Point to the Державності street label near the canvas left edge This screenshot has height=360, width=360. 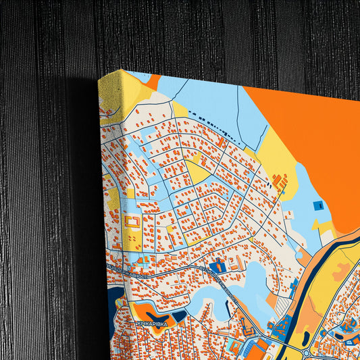[x=129, y=269]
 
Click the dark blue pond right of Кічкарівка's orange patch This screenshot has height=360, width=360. [x=180, y=315]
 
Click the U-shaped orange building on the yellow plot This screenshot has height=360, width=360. [x=132, y=223]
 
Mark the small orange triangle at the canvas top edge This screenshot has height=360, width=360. [x=154, y=82]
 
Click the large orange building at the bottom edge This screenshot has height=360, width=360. [x=260, y=349]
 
